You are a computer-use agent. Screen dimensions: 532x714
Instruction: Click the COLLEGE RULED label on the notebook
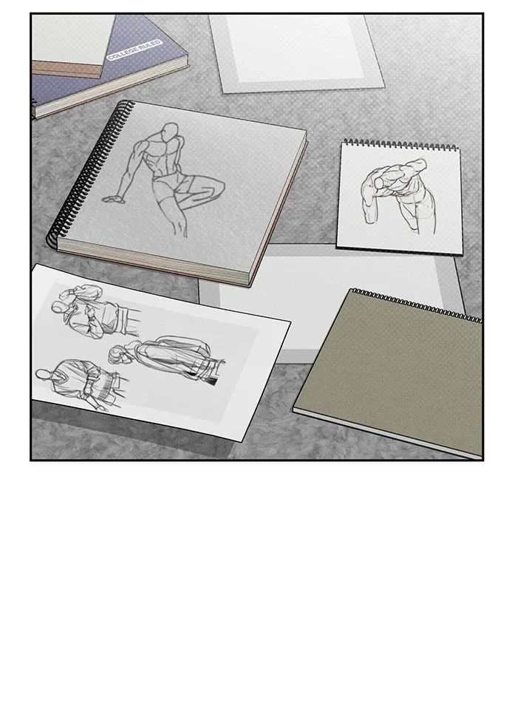tap(134, 50)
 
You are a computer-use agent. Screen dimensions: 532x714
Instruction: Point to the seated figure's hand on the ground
tap(112, 198)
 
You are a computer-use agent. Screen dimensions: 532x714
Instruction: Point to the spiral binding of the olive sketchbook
tap(417, 304)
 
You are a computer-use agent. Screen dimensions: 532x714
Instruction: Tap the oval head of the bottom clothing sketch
tap(44, 375)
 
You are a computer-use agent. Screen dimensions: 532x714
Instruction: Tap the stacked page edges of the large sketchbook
tap(154, 264)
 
